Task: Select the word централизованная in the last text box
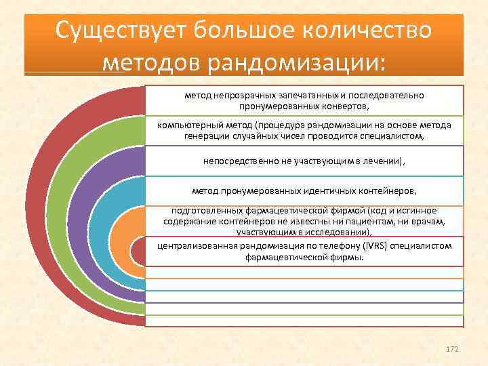coord(190,247)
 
